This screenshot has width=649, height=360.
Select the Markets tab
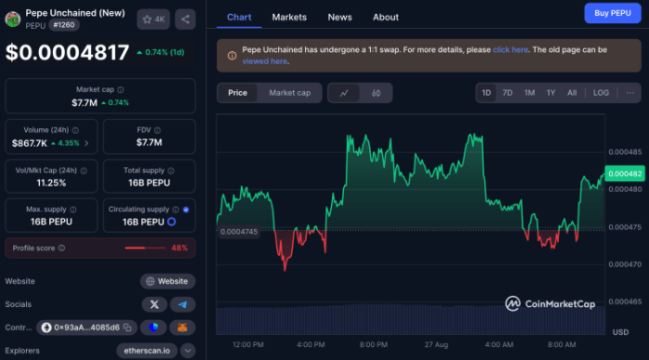pos(289,17)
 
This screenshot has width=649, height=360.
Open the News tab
pos(339,17)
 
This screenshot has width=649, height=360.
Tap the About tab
pos(386,17)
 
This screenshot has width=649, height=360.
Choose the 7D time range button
pos(507,93)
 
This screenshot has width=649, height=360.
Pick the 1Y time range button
pos(551,93)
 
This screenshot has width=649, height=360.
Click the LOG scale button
pos(601,93)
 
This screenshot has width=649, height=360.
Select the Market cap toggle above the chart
pos(289,93)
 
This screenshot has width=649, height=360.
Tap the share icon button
pos(185,19)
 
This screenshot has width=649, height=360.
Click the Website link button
pos(168,281)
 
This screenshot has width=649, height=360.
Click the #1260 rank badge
pos(63,26)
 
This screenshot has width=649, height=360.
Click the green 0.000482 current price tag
pos(623,174)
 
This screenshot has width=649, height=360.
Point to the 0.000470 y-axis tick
pos(623,264)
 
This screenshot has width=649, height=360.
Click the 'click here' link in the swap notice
pos(511,49)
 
